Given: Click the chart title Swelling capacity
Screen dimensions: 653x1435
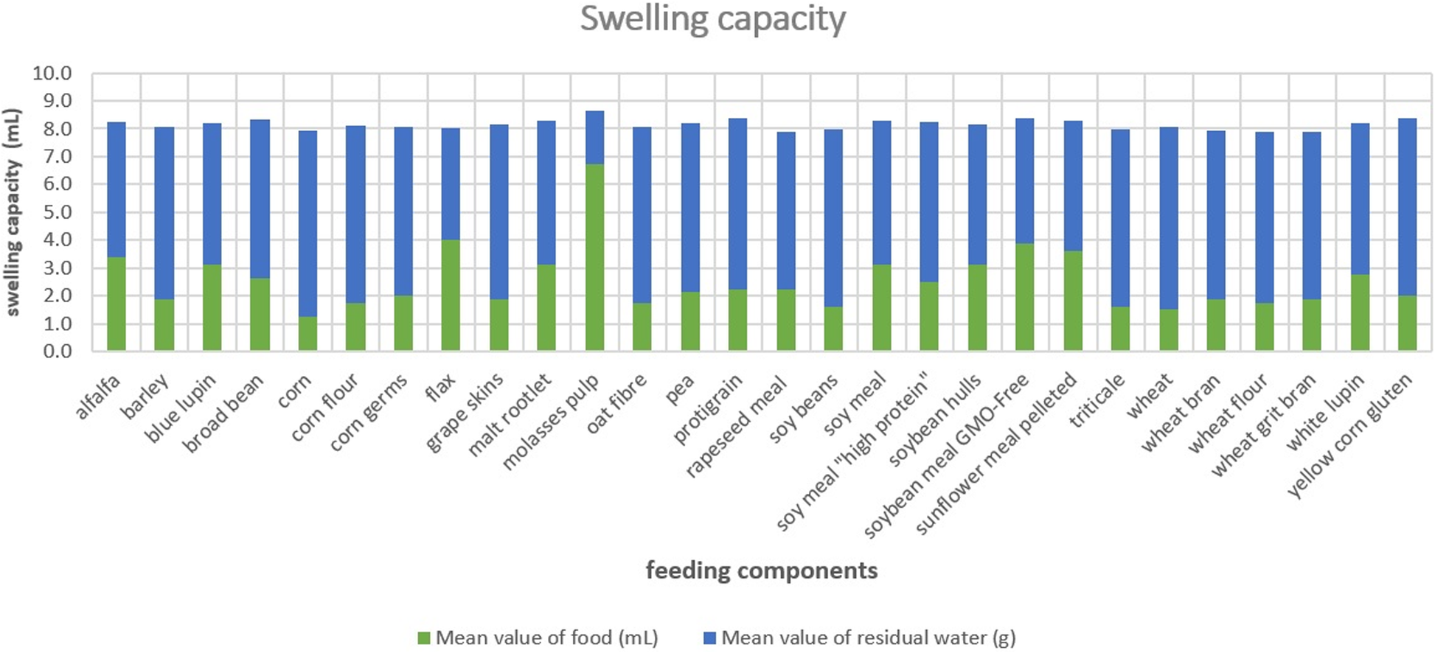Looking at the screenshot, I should [x=712, y=19].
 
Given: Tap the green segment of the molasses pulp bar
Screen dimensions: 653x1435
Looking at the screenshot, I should [x=594, y=257].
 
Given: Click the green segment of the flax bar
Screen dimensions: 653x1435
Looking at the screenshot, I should [x=451, y=295].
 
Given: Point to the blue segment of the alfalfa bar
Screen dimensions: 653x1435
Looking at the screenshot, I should [x=117, y=189].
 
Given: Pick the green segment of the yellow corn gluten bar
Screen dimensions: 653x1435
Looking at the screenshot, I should [x=1407, y=323].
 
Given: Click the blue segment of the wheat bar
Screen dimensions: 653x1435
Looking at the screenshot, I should [x=1168, y=218].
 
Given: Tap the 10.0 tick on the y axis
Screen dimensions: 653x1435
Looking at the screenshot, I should [x=52, y=74].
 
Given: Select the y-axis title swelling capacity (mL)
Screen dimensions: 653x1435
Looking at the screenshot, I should [x=13, y=212].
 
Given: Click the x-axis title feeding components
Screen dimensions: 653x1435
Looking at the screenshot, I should [x=762, y=570].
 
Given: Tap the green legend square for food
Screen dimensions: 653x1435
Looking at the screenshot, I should [x=423, y=638].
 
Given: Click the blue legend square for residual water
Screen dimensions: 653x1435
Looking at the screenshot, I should [x=709, y=638].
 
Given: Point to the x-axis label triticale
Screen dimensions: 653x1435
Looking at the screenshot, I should [x=1097, y=400].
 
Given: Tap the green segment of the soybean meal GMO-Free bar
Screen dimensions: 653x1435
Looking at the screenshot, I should [x=1025, y=297].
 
